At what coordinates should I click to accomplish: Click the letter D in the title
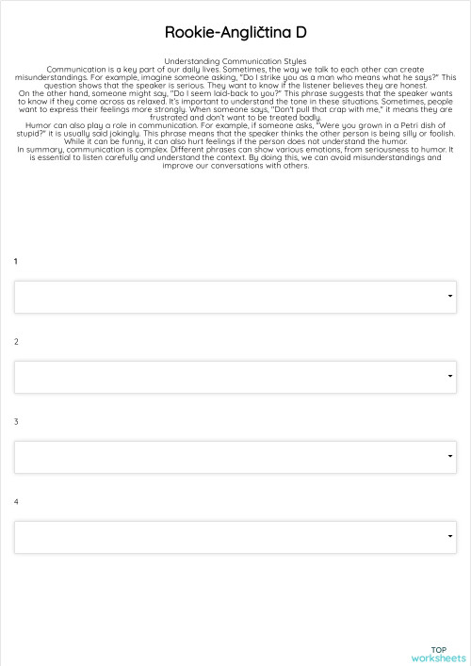(x=300, y=33)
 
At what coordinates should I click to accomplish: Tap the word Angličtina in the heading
(x=254, y=33)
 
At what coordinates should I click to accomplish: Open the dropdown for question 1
(x=235, y=296)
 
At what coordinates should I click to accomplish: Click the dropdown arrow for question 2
(x=450, y=377)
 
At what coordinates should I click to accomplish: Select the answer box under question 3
(x=235, y=457)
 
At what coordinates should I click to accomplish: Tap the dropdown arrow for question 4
(x=450, y=538)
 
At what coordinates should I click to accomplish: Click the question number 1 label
(x=16, y=261)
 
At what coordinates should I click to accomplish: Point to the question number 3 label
(x=16, y=421)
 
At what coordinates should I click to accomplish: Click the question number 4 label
(x=16, y=501)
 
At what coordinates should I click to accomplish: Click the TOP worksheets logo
(x=438, y=654)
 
